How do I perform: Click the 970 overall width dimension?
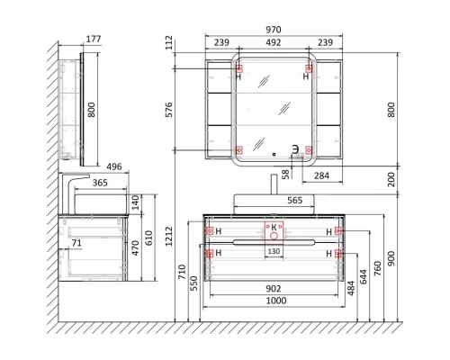point(274,30)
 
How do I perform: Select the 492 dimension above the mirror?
point(274,42)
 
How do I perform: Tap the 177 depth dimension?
point(94,39)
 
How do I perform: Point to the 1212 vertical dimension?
point(169,236)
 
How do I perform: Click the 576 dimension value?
point(169,110)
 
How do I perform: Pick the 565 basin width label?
point(295,200)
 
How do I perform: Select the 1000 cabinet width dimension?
point(276,301)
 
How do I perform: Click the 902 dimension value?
point(274,288)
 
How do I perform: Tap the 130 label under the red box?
point(274,251)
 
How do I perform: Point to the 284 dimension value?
point(321,175)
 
